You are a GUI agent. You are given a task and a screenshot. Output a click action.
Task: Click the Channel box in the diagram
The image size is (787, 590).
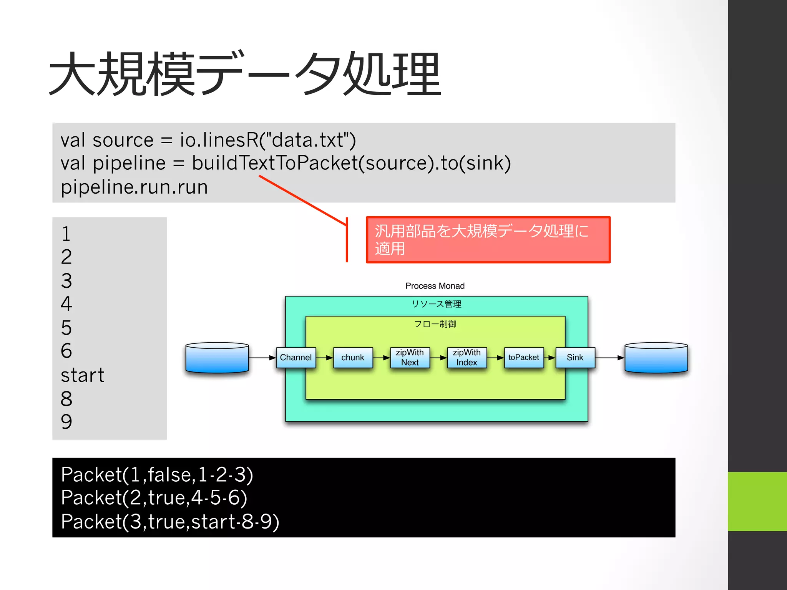click(x=296, y=358)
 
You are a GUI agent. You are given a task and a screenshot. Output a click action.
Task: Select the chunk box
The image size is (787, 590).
click(x=353, y=358)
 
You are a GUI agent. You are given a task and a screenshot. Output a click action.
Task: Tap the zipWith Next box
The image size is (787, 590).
click(x=410, y=358)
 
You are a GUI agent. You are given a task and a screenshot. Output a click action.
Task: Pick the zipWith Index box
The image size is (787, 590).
click(x=467, y=358)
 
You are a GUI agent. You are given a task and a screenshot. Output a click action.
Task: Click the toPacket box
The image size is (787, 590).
click(x=523, y=358)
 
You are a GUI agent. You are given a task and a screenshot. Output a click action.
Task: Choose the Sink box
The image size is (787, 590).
click(x=575, y=358)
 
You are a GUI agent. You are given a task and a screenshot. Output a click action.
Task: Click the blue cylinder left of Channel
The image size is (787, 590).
click(x=217, y=358)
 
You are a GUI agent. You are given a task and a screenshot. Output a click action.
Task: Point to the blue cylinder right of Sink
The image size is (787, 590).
click(x=656, y=358)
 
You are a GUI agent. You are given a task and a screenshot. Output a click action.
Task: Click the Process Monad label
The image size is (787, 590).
click(x=435, y=286)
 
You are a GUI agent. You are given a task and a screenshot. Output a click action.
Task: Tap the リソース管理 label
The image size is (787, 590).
click(x=437, y=304)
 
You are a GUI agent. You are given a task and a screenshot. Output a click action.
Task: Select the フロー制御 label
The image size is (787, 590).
click(x=435, y=324)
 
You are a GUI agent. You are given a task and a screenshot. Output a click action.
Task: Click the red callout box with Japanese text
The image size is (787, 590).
click(x=488, y=240)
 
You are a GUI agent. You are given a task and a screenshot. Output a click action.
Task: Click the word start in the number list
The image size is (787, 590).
click(x=83, y=375)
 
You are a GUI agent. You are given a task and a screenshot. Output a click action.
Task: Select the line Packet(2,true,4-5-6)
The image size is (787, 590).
click(x=154, y=498)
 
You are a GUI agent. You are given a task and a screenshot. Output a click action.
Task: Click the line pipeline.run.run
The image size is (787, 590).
click(x=134, y=187)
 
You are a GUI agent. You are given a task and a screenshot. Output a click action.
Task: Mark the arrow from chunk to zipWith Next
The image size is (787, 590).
click(x=381, y=358)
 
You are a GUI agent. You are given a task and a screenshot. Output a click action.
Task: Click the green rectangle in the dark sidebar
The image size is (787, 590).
click(x=757, y=501)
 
